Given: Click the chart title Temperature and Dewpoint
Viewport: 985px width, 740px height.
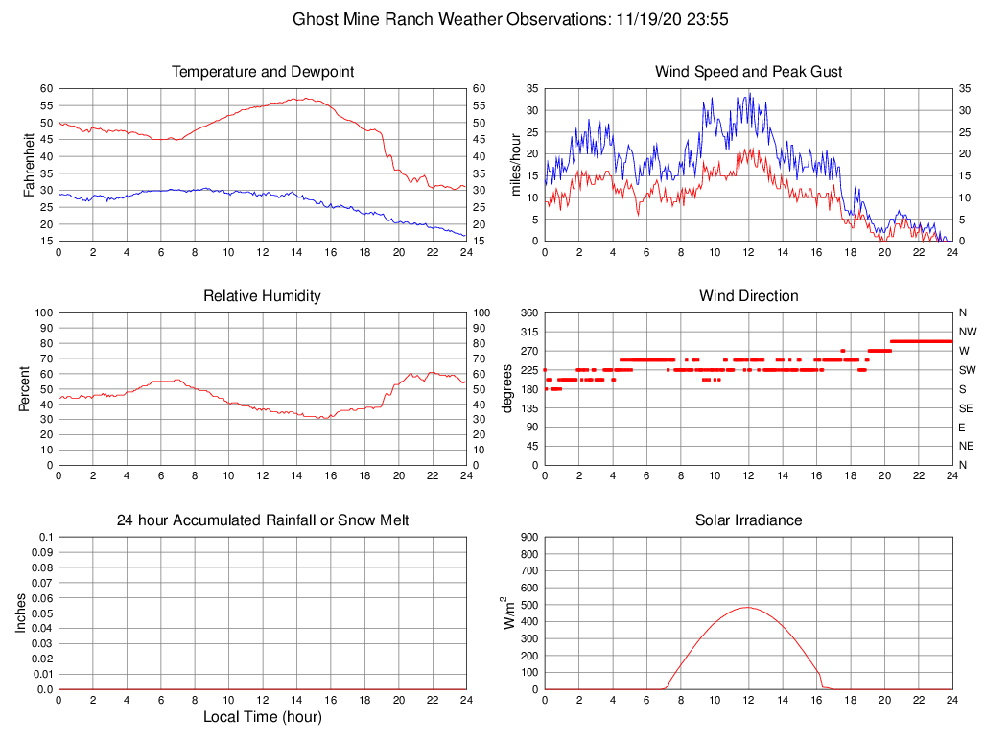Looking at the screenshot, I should (x=262, y=72).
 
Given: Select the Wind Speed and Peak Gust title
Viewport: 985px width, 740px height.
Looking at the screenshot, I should (x=748, y=72).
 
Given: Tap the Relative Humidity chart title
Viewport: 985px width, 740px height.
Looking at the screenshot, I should (x=262, y=296).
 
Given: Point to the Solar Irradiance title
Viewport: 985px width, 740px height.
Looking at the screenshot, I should (x=748, y=520).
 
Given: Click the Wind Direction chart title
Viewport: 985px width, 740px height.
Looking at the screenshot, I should (x=748, y=296).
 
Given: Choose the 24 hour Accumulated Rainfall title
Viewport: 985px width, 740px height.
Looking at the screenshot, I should (x=262, y=520).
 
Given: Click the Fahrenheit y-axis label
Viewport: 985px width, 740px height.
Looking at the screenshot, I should (x=29, y=164).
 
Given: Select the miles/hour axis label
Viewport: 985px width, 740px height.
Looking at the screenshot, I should (x=515, y=164).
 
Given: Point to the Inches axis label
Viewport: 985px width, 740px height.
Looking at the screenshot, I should (x=21, y=613).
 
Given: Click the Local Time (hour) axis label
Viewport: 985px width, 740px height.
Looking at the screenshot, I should (x=262, y=717).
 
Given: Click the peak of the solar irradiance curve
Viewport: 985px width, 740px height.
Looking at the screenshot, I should (x=748, y=607).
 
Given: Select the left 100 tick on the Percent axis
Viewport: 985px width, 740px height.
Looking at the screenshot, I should (x=43, y=312).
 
